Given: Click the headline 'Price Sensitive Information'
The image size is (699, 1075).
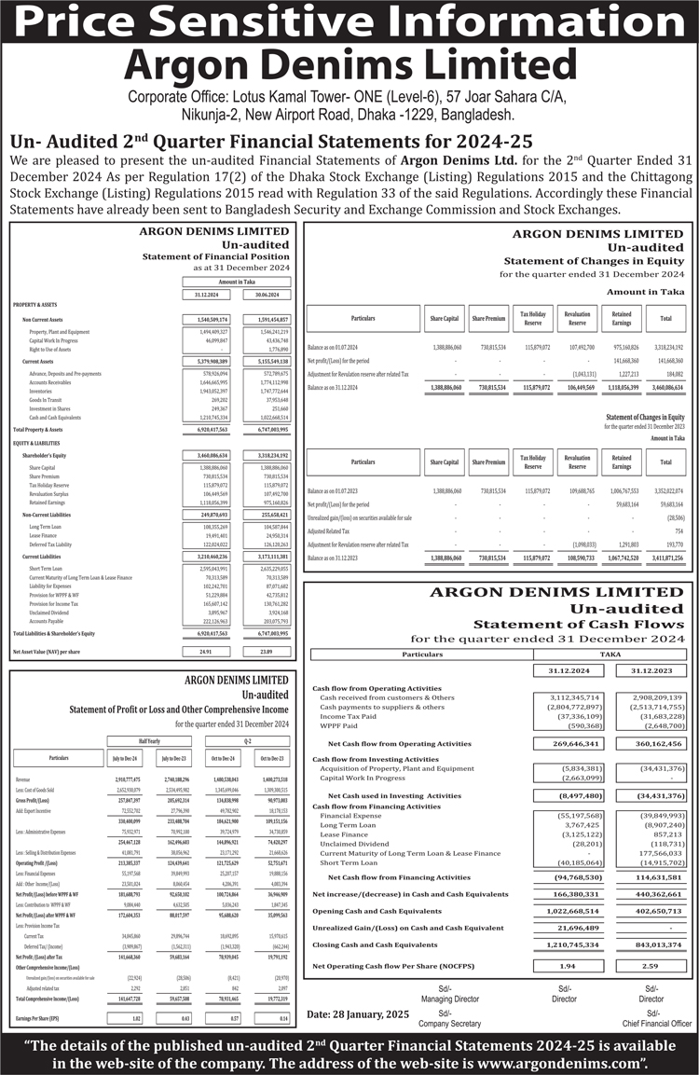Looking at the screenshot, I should [x=349, y=22].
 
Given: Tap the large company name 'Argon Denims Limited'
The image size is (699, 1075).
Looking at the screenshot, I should [x=349, y=65].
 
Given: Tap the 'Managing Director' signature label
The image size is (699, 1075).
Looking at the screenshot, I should [x=445, y=999].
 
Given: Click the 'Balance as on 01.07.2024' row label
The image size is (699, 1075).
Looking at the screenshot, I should [x=332, y=347].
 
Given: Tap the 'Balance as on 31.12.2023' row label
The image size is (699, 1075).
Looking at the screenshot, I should [x=332, y=557].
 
